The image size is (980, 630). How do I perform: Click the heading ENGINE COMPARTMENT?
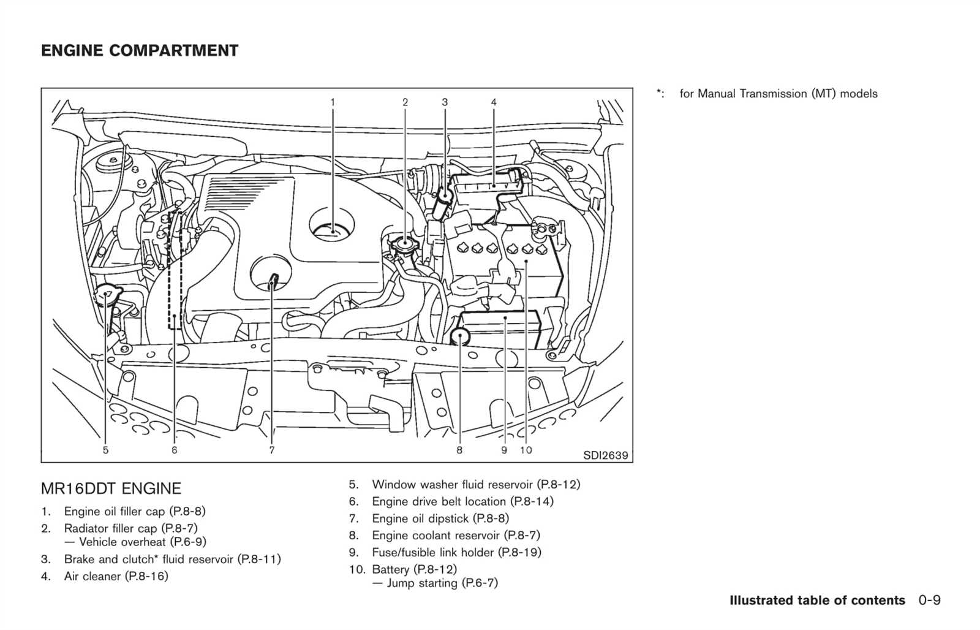[x=140, y=51]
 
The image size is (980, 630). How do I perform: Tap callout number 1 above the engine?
[x=333, y=102]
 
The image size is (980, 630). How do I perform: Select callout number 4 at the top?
[x=494, y=102]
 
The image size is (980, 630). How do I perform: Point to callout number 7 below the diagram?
[x=272, y=450]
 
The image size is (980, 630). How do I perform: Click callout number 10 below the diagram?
[x=526, y=450]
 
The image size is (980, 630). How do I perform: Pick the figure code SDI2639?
[x=606, y=455]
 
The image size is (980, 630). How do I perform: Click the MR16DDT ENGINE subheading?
[x=111, y=488]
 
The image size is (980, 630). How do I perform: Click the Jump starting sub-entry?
[x=435, y=583]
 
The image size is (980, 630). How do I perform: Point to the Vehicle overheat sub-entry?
[x=135, y=542]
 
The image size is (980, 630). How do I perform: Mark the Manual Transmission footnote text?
[x=778, y=94]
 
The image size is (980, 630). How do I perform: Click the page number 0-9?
[x=930, y=600]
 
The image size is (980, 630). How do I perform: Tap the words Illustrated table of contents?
[x=817, y=600]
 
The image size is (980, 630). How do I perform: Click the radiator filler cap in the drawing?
[x=405, y=244]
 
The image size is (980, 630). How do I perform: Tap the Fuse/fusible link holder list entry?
[x=456, y=553]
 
